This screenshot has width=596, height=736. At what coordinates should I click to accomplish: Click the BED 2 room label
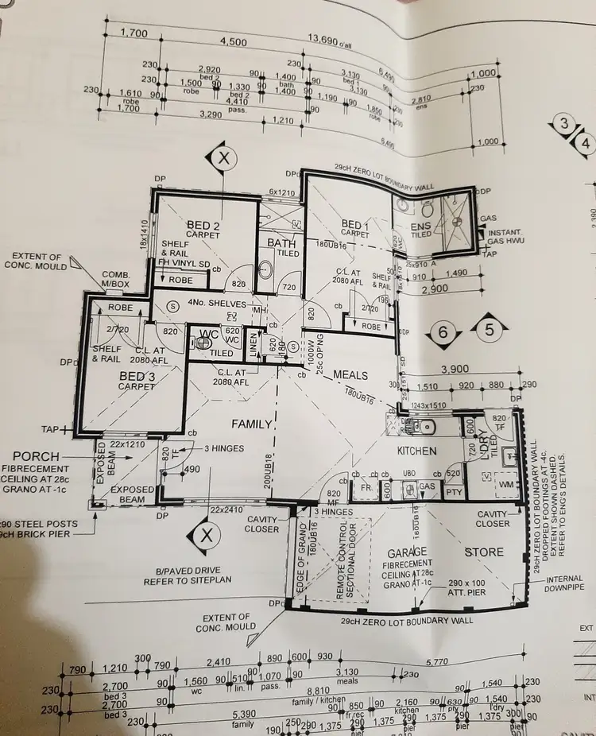click(x=203, y=226)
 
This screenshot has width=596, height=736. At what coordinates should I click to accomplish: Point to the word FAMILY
click(x=252, y=424)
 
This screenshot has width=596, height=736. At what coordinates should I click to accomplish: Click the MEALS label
click(x=350, y=374)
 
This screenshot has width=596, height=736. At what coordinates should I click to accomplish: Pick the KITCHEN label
click(x=417, y=451)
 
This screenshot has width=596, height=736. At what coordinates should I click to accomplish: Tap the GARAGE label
click(x=406, y=552)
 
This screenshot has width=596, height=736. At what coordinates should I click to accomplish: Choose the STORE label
click(x=483, y=552)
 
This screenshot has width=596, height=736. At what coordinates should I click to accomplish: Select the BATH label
click(x=281, y=242)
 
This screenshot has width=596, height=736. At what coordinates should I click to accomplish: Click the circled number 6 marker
click(x=443, y=332)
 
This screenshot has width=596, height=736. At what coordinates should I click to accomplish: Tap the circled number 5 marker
click(x=489, y=327)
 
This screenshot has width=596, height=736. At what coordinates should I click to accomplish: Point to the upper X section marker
click(x=225, y=158)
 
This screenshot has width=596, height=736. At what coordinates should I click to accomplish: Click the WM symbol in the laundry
click(x=504, y=483)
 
